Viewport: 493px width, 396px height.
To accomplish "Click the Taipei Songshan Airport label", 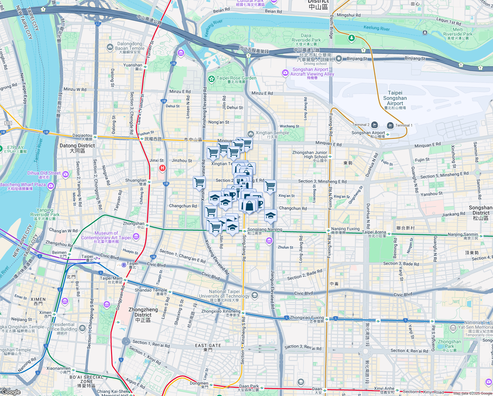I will click(395, 98).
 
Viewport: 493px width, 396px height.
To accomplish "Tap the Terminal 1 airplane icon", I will click(390, 125).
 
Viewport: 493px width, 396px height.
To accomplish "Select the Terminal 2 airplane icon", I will click(374, 125).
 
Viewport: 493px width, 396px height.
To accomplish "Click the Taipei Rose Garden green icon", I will click(212, 79).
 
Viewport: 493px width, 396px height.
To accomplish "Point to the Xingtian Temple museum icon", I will click(250, 134).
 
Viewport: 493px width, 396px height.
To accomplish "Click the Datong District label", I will click(77, 148).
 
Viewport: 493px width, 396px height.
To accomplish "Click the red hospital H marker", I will click(162, 168).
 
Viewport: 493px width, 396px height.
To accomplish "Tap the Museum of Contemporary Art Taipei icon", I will click(136, 237).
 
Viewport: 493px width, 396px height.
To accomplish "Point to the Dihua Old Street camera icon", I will click(66, 174).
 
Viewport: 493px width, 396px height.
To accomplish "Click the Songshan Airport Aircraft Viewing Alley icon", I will click(285, 73).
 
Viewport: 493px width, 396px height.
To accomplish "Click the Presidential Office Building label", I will click(62, 327).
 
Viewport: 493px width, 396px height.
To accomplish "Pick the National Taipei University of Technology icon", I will click(254, 295).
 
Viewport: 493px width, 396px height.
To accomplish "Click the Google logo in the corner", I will click(11, 392).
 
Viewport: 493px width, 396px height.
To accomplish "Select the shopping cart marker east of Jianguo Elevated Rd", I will click(270, 186).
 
